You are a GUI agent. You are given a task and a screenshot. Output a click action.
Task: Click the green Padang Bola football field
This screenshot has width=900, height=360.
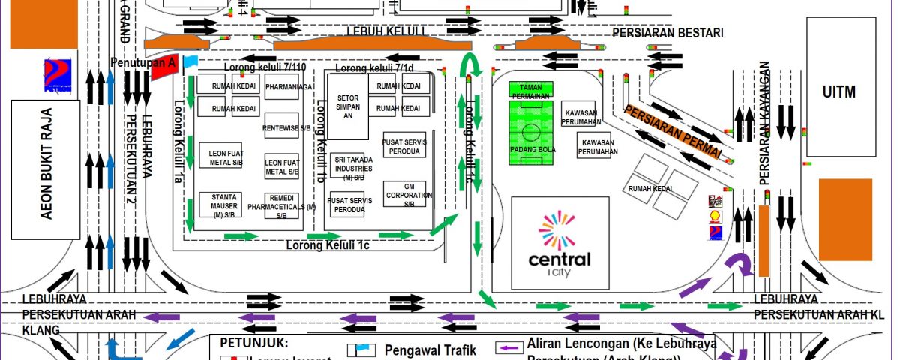[x=531, y=135]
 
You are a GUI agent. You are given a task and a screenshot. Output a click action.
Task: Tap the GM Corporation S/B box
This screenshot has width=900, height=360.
[x=404, y=194]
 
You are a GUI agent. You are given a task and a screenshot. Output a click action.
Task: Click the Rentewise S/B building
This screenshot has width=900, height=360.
[x=283, y=127]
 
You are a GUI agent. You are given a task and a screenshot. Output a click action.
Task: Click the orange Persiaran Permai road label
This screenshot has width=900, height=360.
[x=672, y=130]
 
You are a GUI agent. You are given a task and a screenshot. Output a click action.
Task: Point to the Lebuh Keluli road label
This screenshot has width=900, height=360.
[x=386, y=31]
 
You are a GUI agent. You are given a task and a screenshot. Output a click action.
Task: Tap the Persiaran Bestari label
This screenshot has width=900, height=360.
[x=667, y=33]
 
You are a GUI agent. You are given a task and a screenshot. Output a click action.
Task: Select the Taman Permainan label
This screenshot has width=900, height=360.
[x=531, y=91]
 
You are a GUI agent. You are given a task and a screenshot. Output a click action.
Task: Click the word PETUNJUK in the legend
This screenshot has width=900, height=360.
[x=244, y=342]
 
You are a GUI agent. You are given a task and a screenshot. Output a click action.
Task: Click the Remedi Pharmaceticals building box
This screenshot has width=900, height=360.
[x=283, y=205]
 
